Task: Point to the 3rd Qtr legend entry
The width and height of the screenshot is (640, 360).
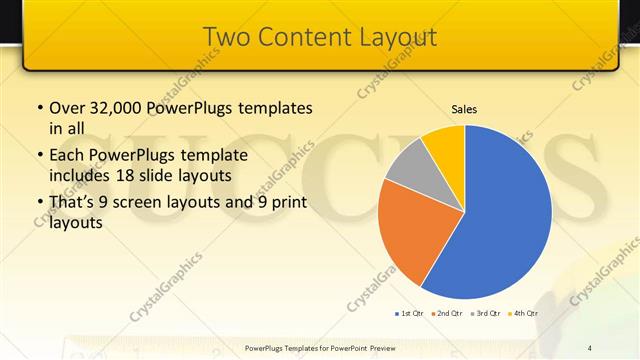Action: click(x=485, y=314)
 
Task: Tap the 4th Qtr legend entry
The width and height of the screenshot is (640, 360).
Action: click(x=522, y=314)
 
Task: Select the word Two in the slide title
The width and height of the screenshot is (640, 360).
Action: click(x=224, y=37)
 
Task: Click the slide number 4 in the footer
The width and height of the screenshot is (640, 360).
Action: click(x=590, y=347)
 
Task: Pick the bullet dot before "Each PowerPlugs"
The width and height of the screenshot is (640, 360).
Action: click(x=39, y=156)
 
